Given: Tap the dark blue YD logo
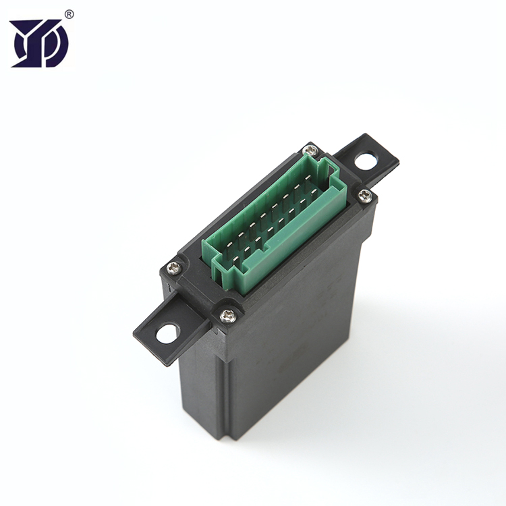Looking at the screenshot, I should [39, 43].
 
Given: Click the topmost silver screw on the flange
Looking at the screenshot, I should [310, 150].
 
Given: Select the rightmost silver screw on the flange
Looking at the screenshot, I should [364, 196].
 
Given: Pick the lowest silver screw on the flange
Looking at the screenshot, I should [228, 314].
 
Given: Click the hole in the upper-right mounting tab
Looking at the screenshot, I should [366, 161].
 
